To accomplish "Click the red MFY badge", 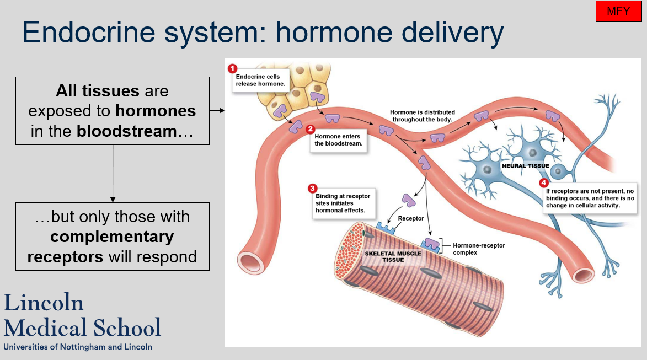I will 618,11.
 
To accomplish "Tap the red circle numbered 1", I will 232,68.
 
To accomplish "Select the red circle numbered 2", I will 310,129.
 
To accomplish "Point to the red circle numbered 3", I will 312,188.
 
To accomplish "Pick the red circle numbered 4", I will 544,183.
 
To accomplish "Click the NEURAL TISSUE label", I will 525,166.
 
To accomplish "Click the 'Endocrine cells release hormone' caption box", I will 258,80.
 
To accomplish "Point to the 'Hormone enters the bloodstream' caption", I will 338,140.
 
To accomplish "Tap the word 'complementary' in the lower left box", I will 112,237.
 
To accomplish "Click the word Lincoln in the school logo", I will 44,303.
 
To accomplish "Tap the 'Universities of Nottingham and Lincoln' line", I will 78,347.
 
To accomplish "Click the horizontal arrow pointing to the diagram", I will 218,111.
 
